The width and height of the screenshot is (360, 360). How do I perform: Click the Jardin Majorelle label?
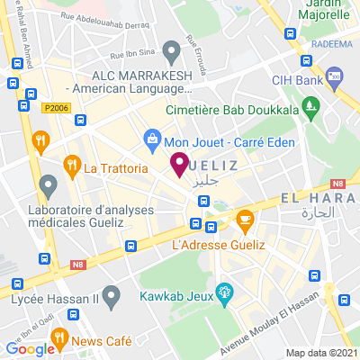click(x=324, y=10)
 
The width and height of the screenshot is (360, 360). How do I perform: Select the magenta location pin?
click(x=179, y=165)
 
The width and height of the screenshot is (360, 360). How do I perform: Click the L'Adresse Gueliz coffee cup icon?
click(x=244, y=219)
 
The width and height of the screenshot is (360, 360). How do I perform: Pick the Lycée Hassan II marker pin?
click(x=111, y=295)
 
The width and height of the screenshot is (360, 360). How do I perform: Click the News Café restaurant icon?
click(x=60, y=340)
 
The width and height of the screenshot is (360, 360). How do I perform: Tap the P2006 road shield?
click(x=56, y=108)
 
